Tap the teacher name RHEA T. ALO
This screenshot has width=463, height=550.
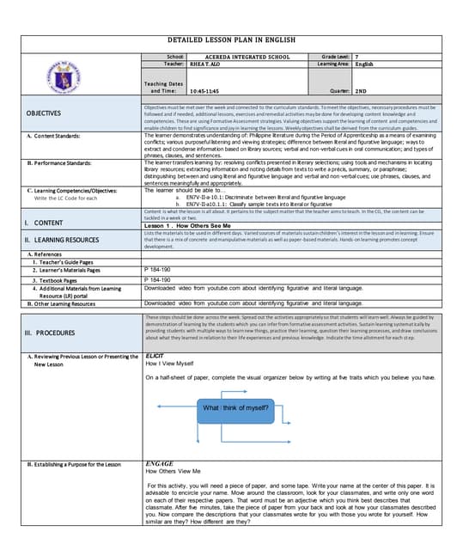pos(208,64)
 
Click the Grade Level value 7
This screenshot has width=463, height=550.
pos(357,56)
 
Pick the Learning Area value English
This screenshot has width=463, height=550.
pos(364,64)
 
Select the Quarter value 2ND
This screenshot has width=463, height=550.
pos(362,90)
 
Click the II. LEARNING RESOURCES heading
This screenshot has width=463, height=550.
pos(62,240)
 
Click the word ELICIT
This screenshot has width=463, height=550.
pos(155,355)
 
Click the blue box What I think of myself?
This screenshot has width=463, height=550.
pos(235,407)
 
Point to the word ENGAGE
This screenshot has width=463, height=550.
pos(160,463)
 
